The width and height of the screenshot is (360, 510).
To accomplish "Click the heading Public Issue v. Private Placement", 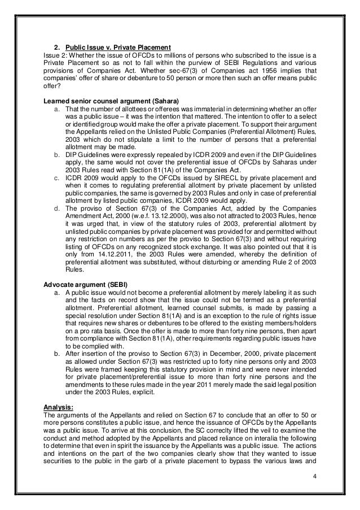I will [118, 46].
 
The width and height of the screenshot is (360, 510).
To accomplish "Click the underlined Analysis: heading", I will [59, 406].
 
